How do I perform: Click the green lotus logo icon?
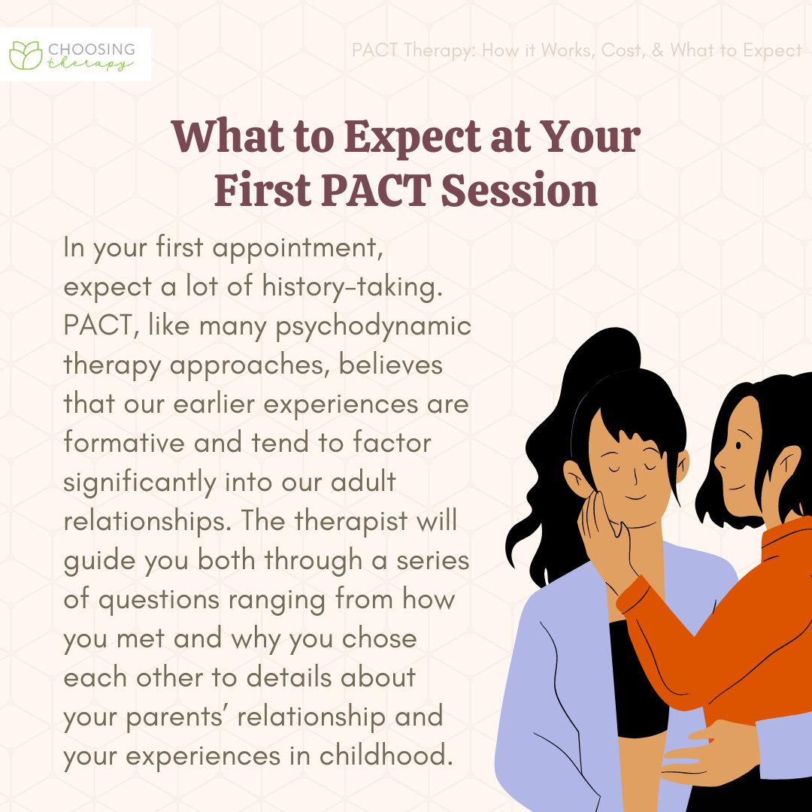click(26, 55)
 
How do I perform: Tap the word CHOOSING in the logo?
click(92, 50)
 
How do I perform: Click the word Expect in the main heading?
click(413, 138)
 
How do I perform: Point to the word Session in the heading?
click(520, 189)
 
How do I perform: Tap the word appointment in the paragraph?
click(298, 248)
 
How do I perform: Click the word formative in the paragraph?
click(124, 443)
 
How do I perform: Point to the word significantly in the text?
click(140, 483)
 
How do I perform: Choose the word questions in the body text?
click(159, 600)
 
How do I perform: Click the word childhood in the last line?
click(386, 755)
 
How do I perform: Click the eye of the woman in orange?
click(738, 445)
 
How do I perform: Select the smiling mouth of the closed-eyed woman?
click(635, 498)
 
